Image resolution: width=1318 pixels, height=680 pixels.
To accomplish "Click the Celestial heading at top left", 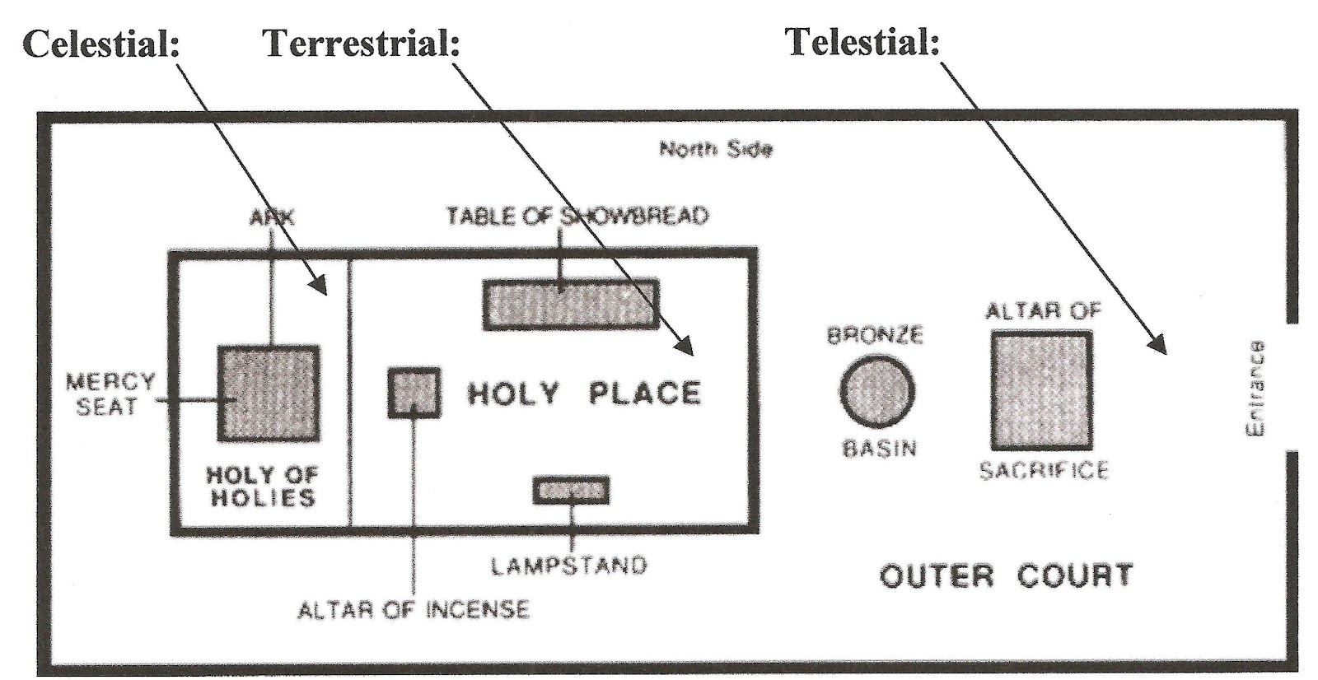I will click(101, 43).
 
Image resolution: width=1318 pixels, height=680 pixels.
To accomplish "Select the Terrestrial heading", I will click(361, 43).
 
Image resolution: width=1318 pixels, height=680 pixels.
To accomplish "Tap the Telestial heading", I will click(862, 41).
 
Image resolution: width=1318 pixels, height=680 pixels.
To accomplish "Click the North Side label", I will click(715, 149).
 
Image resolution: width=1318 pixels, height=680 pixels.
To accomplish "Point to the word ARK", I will click(271, 217).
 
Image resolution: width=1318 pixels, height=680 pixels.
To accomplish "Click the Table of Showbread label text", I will click(577, 217).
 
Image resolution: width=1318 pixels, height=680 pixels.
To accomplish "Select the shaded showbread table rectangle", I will click(570, 305).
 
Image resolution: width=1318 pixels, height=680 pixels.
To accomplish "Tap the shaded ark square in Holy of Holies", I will click(269, 394).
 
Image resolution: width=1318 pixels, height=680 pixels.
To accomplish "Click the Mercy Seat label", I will click(110, 394).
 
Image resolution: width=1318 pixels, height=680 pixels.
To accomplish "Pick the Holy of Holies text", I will click(262, 486).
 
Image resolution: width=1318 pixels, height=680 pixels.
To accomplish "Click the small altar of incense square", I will click(414, 393).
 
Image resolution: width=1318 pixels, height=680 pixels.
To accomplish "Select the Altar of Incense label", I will click(413, 610).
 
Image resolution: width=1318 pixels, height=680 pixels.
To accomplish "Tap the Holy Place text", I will click(584, 393).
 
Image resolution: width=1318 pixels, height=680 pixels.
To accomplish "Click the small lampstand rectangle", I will click(571, 491).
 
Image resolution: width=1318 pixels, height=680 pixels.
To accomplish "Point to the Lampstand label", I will click(569, 566).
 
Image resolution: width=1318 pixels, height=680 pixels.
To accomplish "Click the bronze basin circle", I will click(877, 391).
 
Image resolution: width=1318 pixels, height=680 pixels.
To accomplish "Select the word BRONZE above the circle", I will click(875, 335).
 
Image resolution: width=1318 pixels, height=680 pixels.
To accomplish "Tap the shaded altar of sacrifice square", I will click(1041, 390).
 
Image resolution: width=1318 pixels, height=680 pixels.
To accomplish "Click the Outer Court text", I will click(1006, 575).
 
